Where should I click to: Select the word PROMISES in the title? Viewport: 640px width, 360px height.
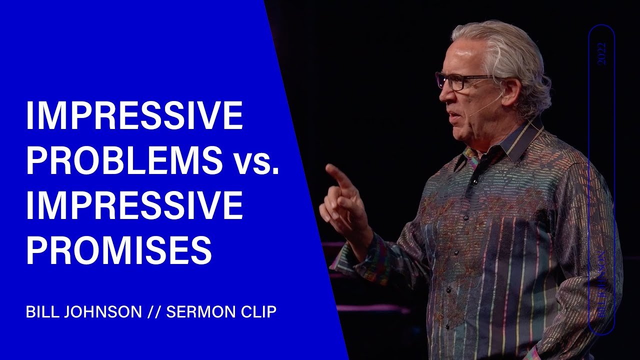(x=119, y=251)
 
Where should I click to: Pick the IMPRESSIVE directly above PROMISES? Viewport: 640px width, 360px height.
(x=134, y=206)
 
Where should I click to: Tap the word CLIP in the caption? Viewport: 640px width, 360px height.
(x=259, y=312)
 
